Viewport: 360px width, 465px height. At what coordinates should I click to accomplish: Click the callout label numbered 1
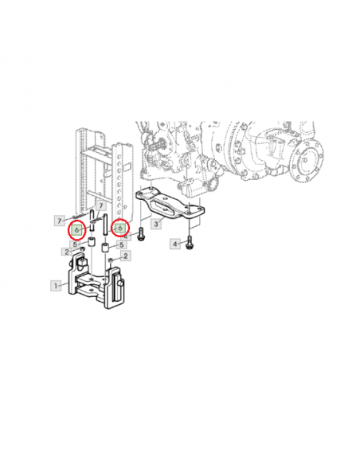(56, 286)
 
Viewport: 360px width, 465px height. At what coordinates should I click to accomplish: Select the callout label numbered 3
(156, 224)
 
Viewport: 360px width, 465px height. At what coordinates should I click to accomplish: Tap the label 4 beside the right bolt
(175, 244)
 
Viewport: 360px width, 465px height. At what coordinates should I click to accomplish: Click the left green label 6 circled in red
(76, 229)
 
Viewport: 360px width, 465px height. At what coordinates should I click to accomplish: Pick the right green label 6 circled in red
(119, 228)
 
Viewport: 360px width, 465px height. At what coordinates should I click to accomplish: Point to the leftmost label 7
(60, 221)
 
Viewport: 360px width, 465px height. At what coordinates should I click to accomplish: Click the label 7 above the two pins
(101, 205)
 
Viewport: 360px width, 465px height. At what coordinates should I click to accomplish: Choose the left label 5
(75, 244)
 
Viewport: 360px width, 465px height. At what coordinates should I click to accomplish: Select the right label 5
(121, 244)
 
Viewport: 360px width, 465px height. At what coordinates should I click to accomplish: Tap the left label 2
(67, 252)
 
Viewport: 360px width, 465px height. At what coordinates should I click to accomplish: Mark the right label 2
(126, 256)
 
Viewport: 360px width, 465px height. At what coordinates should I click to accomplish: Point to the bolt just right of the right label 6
(141, 235)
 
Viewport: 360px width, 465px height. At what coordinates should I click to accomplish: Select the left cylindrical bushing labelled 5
(91, 242)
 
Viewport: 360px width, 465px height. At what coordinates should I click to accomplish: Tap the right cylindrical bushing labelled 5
(106, 248)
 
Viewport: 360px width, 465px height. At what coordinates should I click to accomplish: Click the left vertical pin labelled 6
(92, 221)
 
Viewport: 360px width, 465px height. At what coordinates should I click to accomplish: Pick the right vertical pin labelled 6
(105, 225)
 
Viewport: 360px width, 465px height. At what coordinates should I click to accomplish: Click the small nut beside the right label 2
(111, 260)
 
